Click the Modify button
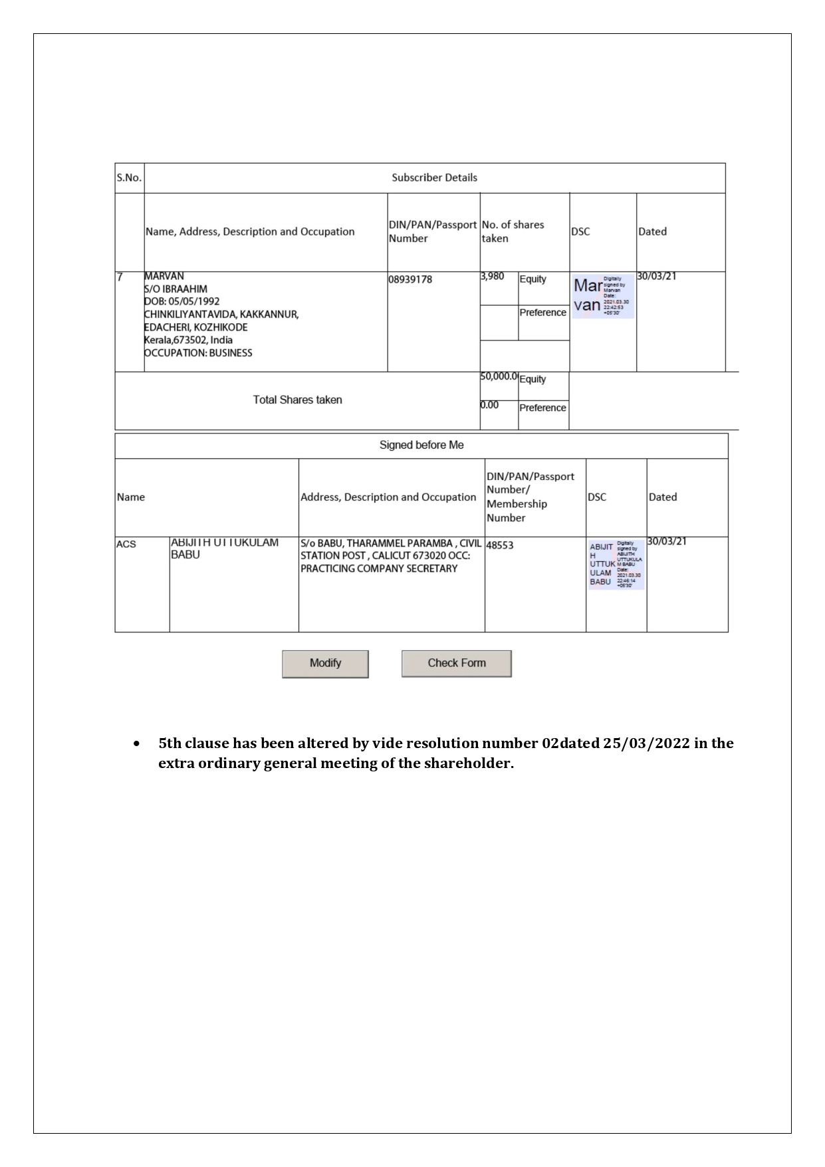click(x=325, y=664)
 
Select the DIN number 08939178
click(x=410, y=279)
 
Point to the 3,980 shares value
click(x=493, y=276)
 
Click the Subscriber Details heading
click(x=434, y=178)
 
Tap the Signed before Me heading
click(x=421, y=445)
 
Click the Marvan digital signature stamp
click(x=602, y=296)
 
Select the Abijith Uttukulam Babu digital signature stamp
click(x=616, y=564)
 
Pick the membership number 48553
click(x=500, y=545)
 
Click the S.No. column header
click(x=129, y=178)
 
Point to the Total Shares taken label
click(x=297, y=400)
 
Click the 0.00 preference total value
click(x=490, y=405)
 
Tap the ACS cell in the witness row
click(x=126, y=544)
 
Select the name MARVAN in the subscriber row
click(x=164, y=276)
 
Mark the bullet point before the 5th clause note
click(x=137, y=743)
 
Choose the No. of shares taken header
click(x=513, y=231)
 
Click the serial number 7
click(x=120, y=277)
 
